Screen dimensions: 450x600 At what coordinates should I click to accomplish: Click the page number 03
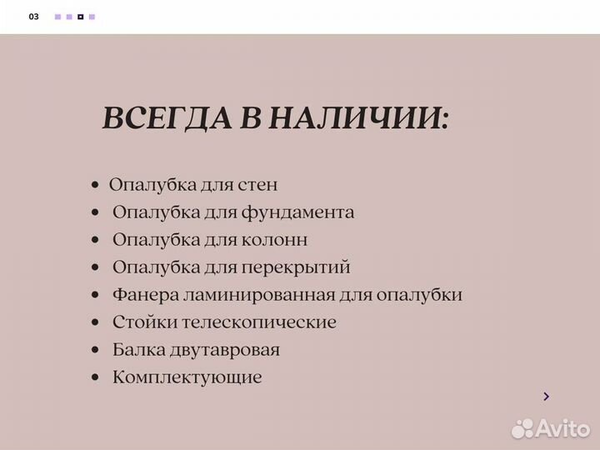(33, 17)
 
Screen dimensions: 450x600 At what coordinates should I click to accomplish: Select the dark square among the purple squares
(80, 17)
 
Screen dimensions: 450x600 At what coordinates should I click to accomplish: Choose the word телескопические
(256, 322)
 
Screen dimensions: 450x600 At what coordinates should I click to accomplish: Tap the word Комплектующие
(187, 377)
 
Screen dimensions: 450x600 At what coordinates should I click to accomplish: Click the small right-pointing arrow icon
(546, 397)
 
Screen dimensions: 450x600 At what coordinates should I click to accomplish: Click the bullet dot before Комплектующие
(97, 378)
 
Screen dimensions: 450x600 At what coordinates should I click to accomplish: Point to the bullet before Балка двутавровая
(97, 351)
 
